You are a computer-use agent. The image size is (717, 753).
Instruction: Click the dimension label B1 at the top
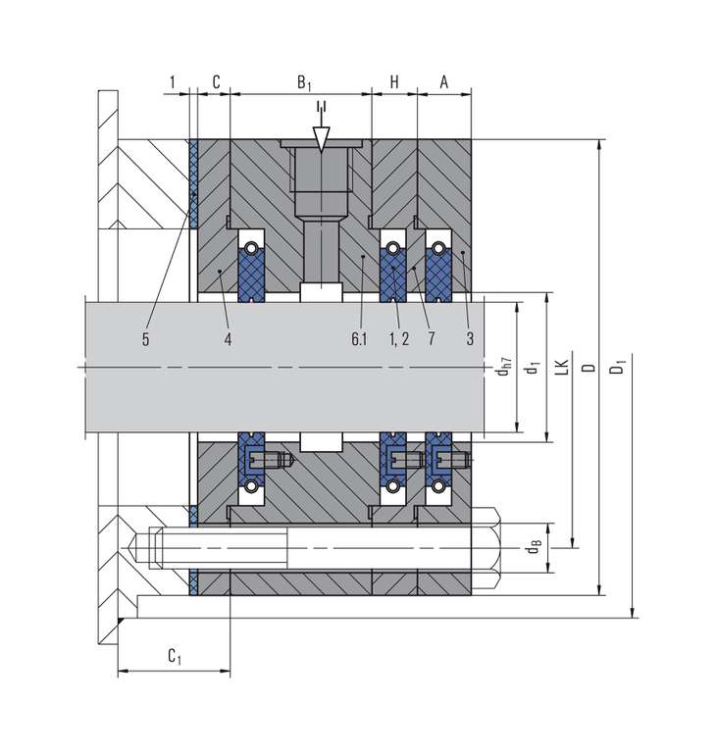[304, 82]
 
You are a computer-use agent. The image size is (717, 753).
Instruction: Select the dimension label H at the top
[394, 82]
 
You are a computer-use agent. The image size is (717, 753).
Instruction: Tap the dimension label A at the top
[444, 82]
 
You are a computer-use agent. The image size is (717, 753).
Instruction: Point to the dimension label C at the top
[216, 82]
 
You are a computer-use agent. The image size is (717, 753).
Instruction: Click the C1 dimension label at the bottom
[175, 656]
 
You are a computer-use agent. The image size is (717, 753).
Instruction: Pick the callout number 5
[145, 339]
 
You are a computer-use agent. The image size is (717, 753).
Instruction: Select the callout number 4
[228, 339]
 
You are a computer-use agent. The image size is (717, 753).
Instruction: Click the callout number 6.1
[359, 339]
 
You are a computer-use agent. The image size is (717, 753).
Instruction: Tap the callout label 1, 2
[399, 339]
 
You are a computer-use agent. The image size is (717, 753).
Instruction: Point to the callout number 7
[432, 339]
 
